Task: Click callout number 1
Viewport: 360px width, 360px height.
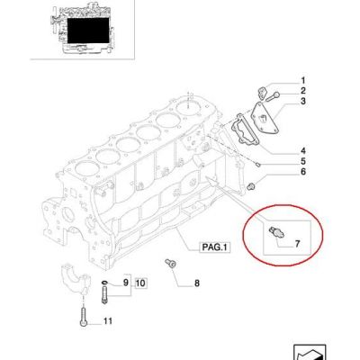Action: (303, 81)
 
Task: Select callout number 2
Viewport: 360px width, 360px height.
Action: (303, 91)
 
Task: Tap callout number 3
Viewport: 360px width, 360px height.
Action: (303, 102)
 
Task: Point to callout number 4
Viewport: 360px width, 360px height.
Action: (303, 151)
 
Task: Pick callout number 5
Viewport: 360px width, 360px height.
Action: (303, 161)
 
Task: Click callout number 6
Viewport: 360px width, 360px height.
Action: (303, 172)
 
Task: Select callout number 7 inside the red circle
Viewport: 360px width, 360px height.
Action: (297, 244)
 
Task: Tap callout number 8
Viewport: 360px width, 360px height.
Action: (197, 283)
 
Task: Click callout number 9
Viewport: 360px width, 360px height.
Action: (126, 283)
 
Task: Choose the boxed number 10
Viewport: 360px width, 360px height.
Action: (140, 283)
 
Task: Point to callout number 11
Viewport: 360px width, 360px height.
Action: (107, 321)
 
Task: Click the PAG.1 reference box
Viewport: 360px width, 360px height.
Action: (215, 247)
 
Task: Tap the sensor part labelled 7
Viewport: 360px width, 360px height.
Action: (276, 232)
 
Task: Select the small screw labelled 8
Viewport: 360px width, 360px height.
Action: (170, 263)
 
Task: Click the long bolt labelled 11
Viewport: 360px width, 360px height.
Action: (84, 317)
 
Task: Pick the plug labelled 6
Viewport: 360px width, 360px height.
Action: (251, 186)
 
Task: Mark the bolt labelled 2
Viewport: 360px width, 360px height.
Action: (273, 97)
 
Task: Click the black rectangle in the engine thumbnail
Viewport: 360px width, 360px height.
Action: (88, 31)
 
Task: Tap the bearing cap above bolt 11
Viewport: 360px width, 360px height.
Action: (76, 280)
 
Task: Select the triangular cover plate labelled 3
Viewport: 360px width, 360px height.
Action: (265, 119)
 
